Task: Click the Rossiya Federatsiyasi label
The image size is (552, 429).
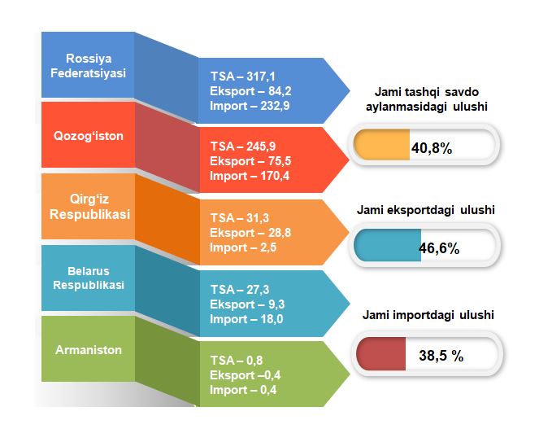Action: [x=88, y=66]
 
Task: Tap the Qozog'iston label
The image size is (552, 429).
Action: [x=89, y=136]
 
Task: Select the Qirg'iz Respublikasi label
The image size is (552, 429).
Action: [x=89, y=207]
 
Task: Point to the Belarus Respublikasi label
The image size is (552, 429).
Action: [x=89, y=278]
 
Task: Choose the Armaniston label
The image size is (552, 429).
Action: [x=89, y=350]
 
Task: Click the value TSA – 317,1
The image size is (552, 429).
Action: [x=243, y=77]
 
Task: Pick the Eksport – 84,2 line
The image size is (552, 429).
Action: [x=250, y=91]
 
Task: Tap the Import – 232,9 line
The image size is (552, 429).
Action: [x=250, y=106]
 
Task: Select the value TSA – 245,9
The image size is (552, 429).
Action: [x=243, y=147]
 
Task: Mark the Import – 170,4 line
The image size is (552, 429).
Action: [x=250, y=176]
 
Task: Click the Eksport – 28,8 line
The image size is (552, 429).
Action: [x=250, y=233]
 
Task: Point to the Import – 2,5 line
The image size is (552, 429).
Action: [x=243, y=247]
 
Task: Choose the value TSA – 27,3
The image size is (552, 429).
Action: [x=240, y=290]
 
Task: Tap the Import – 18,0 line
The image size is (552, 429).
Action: [x=246, y=319]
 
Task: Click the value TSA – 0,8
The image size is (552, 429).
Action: [x=237, y=361]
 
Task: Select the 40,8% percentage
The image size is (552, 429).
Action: [x=432, y=148]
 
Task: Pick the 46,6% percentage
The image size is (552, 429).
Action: [x=439, y=248]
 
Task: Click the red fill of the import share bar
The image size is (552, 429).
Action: [x=381, y=354]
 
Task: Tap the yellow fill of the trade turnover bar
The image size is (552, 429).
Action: [x=381, y=145]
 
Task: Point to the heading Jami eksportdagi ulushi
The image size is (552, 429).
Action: [x=426, y=210]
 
